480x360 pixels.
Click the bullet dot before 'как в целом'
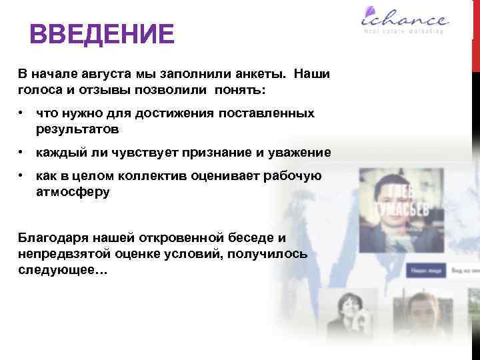[x=23, y=175]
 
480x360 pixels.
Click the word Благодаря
[x=51, y=238]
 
